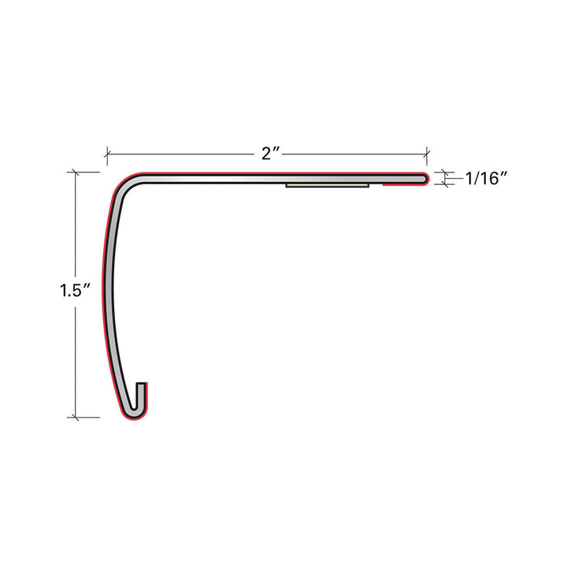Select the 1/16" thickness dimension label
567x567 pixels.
click(x=485, y=180)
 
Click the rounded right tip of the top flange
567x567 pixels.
click(x=425, y=180)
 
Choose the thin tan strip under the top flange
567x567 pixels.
click(x=328, y=187)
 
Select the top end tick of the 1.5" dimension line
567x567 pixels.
click(x=76, y=172)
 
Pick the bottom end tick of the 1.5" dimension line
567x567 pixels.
click(x=76, y=417)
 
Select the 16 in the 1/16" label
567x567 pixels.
click(x=491, y=180)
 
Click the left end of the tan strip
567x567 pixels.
click(x=288, y=187)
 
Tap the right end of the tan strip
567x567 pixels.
click(x=368, y=187)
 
